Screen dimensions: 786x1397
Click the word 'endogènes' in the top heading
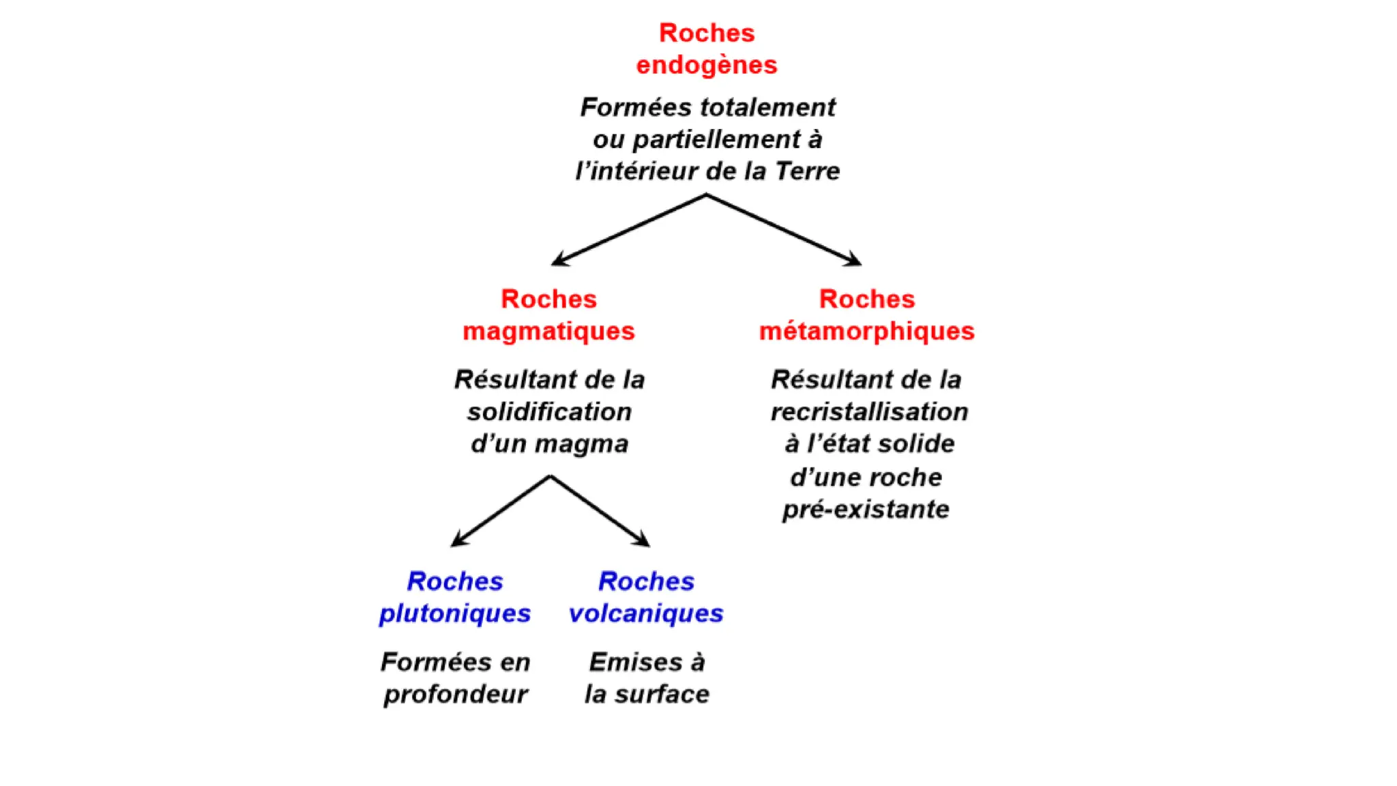click(x=707, y=65)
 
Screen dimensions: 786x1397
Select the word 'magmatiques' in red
click(x=548, y=332)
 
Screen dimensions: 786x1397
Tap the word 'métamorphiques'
click(x=867, y=332)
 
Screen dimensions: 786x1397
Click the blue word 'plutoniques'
click(x=455, y=613)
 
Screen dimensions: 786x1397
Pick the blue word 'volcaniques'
click(x=646, y=613)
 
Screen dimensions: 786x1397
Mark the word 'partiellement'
click(x=716, y=140)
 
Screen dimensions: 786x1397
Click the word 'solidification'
click(x=549, y=412)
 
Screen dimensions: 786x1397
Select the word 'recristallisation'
click(x=869, y=412)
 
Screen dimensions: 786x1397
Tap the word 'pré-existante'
click(x=866, y=510)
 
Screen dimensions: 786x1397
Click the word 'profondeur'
click(x=455, y=695)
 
